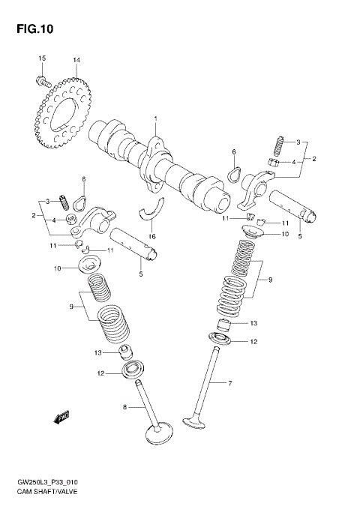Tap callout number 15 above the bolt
point(42,59)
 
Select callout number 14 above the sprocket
point(76,59)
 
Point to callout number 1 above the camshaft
point(156,119)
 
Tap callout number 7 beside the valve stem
point(231,383)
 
